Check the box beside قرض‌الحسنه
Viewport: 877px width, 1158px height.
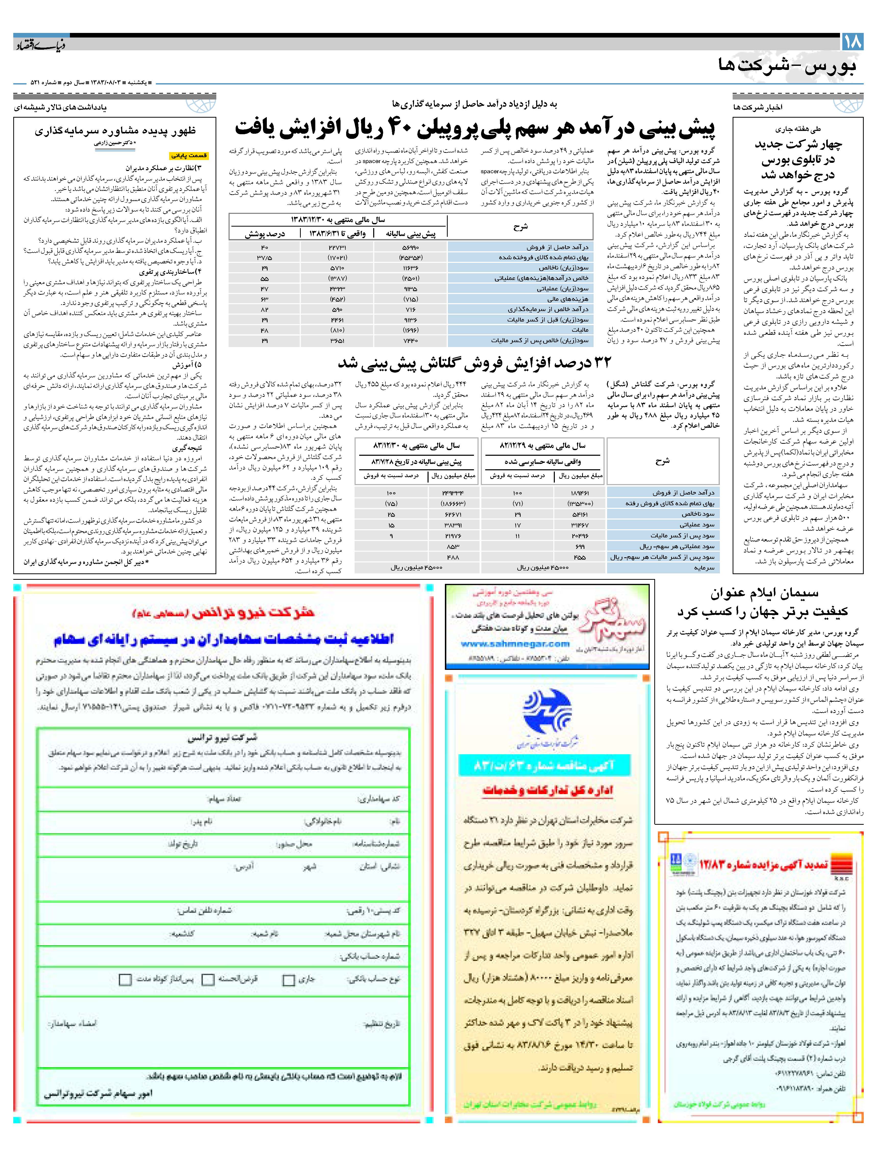(x=208, y=979)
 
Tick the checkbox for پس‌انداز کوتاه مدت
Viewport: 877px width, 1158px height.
(x=125, y=979)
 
